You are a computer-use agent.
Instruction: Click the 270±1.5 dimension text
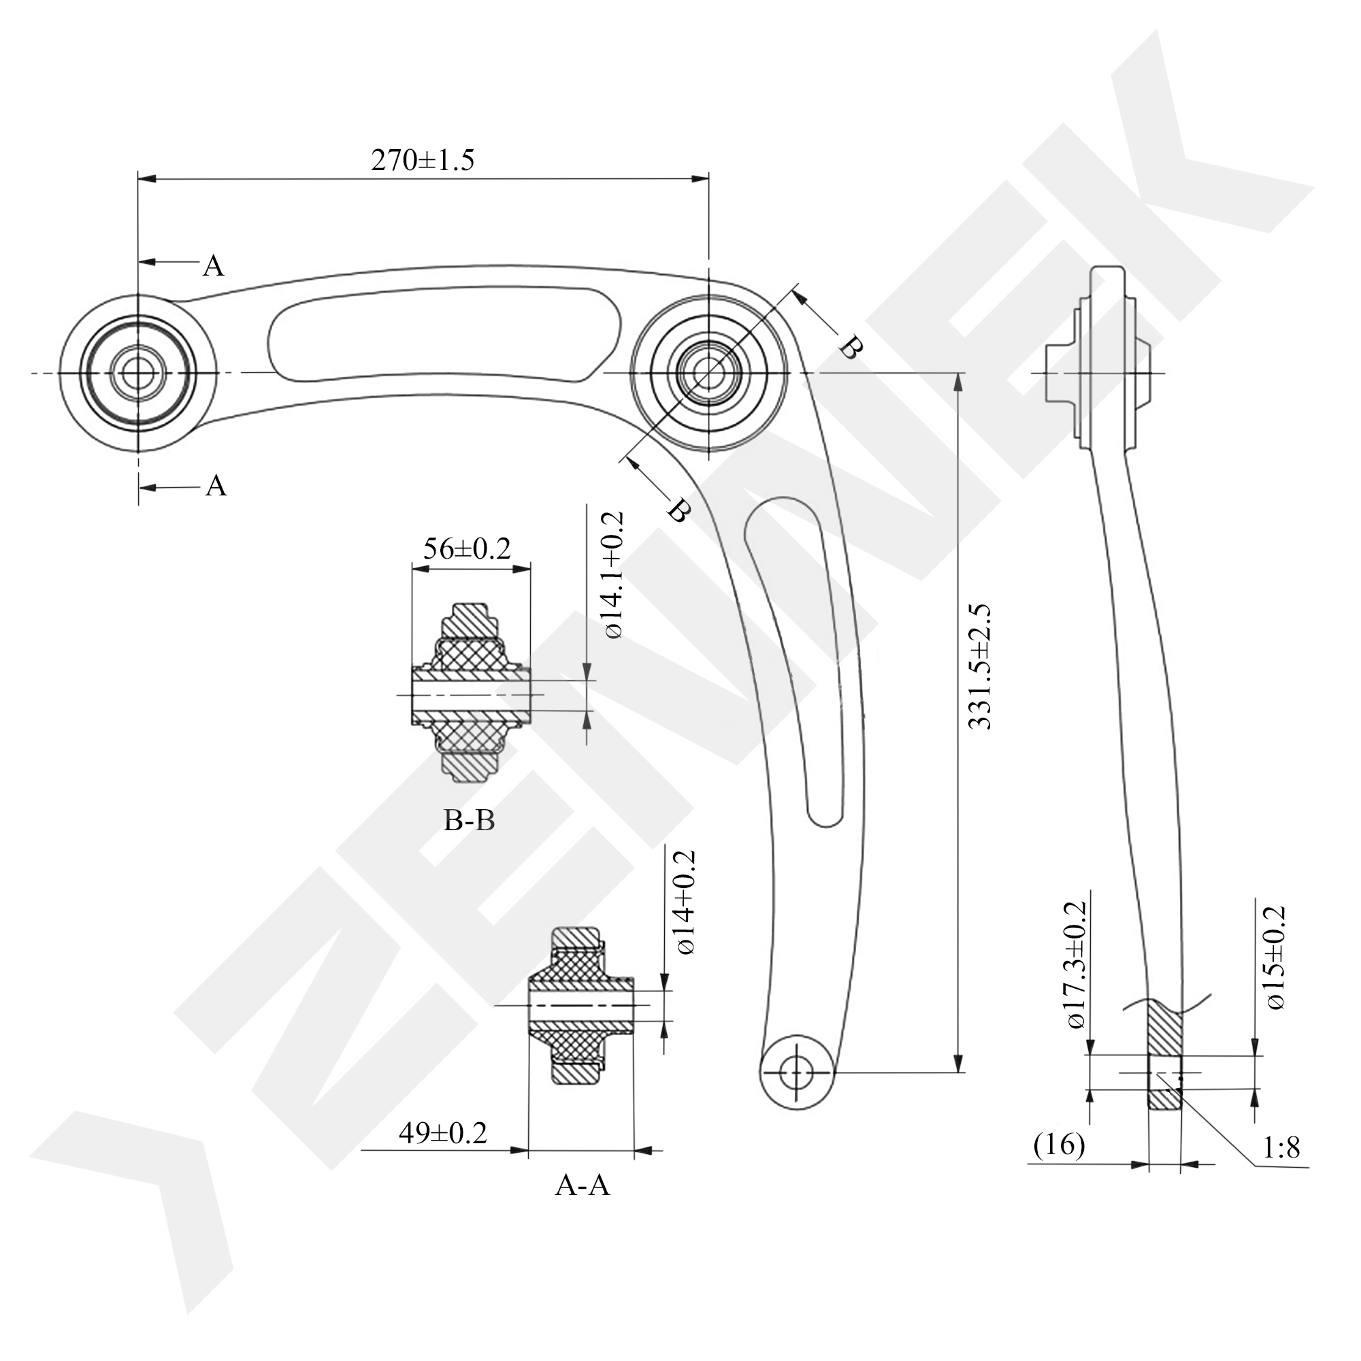(423, 161)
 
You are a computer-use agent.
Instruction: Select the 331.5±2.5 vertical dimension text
(980, 666)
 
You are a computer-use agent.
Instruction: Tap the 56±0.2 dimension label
(466, 548)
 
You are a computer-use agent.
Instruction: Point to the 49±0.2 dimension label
(442, 1133)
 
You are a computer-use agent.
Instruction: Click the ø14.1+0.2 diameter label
(613, 576)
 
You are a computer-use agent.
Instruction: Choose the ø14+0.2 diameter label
(685, 903)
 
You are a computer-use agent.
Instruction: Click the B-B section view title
(469, 820)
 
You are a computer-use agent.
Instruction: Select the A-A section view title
(582, 1185)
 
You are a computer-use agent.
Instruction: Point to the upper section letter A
(214, 265)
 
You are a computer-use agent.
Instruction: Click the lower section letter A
(216, 485)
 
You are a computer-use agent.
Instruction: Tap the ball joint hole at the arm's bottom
(797, 1072)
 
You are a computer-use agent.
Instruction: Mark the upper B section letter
(850, 347)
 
